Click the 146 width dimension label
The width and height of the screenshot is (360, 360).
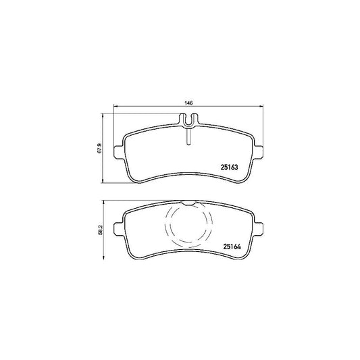pos(188,103)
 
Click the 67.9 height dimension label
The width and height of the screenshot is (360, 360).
pos(99,148)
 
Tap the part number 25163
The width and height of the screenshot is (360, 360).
pos(229,168)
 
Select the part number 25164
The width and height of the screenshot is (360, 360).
pos(232,247)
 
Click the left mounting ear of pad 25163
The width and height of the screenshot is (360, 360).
pos(119,152)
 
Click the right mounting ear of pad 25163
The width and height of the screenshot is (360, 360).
pos(258,152)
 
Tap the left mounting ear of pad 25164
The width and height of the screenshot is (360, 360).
pos(119,229)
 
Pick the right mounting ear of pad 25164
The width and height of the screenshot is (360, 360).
pos(258,229)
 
